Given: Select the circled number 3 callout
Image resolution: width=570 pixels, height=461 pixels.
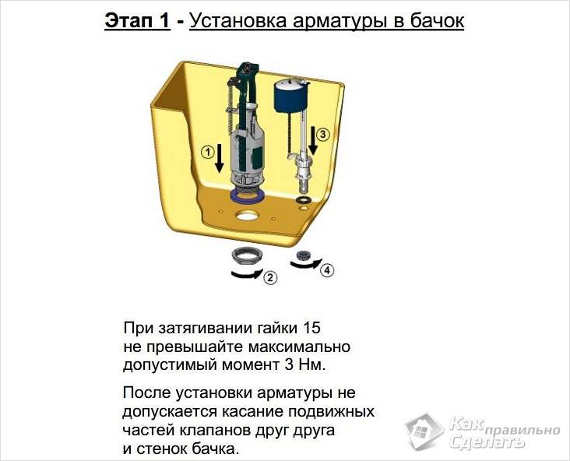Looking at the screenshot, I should (x=324, y=134).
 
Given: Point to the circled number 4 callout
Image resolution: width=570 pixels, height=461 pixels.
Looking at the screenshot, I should (x=327, y=270).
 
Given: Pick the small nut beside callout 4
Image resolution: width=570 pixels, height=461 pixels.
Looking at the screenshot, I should (x=305, y=255).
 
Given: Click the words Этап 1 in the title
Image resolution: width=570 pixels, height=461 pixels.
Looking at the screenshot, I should (x=137, y=22).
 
